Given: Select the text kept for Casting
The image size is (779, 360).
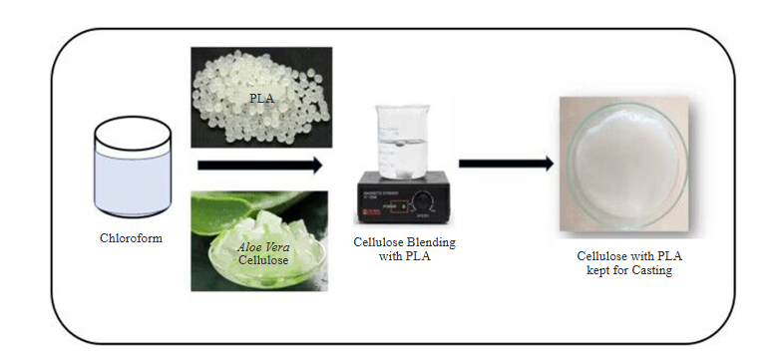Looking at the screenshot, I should pyautogui.click(x=624, y=270).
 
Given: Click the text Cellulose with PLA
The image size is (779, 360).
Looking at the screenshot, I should pyautogui.click(x=623, y=256).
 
